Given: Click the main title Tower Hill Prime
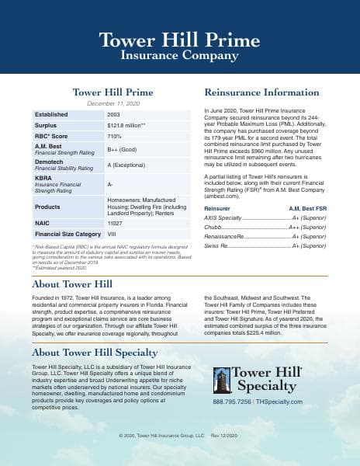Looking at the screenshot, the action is (179, 40).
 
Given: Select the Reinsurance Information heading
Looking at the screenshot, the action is (261, 92).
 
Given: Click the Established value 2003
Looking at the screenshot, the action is (113, 114).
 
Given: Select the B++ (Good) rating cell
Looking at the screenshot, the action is (124, 149).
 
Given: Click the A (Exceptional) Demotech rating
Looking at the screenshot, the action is (130, 165).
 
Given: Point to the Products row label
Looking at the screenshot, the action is (49, 207).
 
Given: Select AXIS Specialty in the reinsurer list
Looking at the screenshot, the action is (223, 197).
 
